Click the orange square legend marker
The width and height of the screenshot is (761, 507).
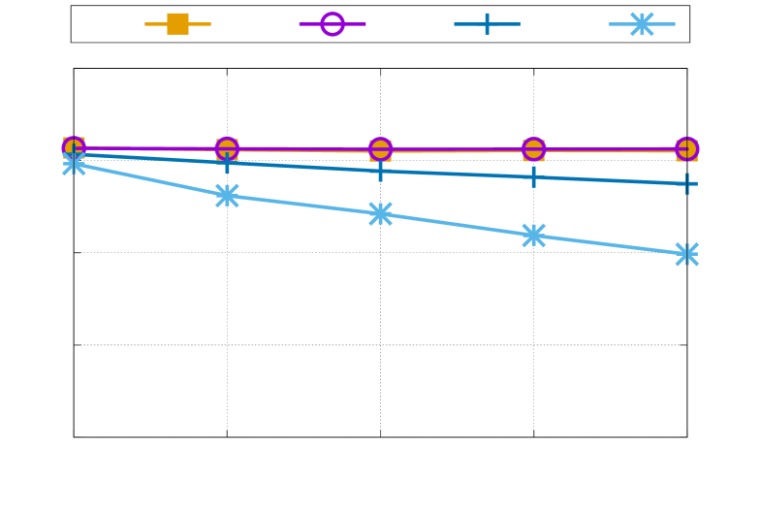177,24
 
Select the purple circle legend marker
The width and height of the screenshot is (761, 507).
333,24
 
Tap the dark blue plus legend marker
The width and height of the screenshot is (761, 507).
487,24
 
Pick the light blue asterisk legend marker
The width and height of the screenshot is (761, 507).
642,24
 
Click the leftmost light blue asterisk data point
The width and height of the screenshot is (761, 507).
75,165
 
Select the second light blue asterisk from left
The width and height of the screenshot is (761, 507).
227,196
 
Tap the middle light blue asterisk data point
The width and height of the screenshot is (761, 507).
380,214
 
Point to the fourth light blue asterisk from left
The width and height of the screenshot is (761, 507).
533,236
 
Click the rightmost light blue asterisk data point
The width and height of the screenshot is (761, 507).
686,254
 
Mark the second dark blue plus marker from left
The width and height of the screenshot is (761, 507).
227,163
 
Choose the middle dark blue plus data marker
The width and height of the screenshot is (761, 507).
380,171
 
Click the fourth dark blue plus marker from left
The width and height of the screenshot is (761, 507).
533,176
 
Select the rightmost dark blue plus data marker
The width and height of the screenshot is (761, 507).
686,183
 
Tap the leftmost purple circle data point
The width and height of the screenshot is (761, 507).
75,148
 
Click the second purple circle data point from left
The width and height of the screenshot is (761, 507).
227,149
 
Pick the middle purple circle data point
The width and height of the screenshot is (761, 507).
380,149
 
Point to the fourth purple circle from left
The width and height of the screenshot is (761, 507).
533,149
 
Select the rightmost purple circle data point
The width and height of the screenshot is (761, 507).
686,149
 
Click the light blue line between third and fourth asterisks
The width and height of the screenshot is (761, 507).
457,225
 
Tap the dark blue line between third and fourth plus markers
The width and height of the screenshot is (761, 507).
457,174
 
